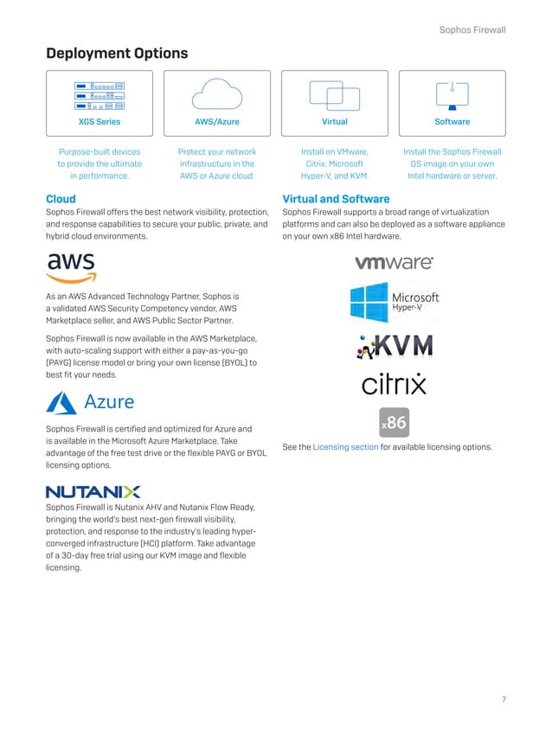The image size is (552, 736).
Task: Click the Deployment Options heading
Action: tap(117, 54)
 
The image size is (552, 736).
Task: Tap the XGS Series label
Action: tap(99, 122)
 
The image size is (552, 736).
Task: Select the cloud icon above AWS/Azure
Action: tap(217, 93)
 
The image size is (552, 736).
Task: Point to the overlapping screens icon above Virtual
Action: tap(334, 93)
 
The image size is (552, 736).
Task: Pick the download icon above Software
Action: tap(452, 91)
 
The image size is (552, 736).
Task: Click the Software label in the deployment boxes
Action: tap(452, 122)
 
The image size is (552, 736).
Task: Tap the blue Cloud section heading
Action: tap(61, 199)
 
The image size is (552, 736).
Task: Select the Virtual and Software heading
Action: tap(336, 199)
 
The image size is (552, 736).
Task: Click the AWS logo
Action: tap(72, 266)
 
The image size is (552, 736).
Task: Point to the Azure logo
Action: tap(91, 402)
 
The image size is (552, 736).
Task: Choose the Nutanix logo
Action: tap(93, 491)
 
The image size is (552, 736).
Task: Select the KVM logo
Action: tap(394, 347)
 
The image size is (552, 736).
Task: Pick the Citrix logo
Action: tap(394, 384)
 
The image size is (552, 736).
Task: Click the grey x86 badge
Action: tap(394, 424)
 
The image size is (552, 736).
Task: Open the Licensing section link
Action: tap(345, 447)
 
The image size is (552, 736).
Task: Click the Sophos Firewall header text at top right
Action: tap(472, 30)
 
